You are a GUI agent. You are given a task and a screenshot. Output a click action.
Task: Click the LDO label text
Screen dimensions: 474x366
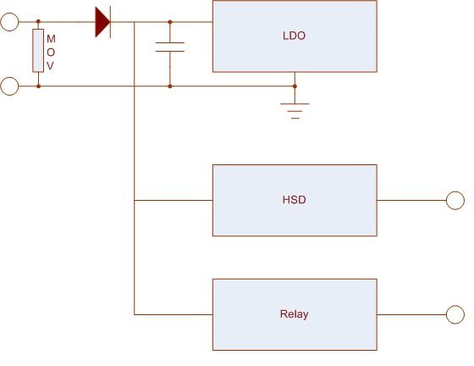coord(295,36)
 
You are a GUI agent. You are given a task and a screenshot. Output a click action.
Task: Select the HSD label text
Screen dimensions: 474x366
coord(295,200)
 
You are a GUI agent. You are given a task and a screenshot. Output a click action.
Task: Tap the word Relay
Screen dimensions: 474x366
coord(295,314)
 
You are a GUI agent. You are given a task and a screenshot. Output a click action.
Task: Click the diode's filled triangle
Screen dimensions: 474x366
coord(102,22)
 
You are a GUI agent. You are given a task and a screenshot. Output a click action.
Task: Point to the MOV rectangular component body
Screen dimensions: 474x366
coord(38,51)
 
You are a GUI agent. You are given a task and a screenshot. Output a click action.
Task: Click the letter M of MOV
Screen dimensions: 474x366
coord(51,39)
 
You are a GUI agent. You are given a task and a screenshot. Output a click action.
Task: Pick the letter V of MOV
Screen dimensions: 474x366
coord(50,65)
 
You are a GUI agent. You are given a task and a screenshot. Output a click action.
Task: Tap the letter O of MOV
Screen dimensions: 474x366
coord(51,53)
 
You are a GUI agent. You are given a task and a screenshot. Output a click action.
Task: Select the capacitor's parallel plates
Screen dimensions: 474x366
coord(170,47)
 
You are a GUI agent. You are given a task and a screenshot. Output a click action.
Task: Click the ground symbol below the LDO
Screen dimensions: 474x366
coord(295,111)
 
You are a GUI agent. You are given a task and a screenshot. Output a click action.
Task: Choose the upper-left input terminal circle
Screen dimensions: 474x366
coord(9,22)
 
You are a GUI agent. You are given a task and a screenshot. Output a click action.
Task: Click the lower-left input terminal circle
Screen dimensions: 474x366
coord(9,86)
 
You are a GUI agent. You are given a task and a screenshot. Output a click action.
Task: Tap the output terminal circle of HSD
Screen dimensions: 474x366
coord(455,200)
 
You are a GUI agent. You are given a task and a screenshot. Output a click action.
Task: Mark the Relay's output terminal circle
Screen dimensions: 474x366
coord(455,314)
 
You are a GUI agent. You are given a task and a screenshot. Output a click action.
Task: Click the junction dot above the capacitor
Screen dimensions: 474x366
coord(170,22)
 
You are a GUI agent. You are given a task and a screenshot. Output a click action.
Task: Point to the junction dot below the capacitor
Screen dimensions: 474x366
coord(170,86)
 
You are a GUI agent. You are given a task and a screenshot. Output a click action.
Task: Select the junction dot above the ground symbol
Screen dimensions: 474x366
coord(295,86)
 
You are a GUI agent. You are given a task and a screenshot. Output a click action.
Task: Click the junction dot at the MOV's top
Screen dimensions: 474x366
coord(38,21)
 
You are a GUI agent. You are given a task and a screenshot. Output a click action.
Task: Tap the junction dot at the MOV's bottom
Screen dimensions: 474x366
coord(38,86)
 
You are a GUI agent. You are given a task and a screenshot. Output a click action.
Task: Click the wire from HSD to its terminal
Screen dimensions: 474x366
coord(411,200)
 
